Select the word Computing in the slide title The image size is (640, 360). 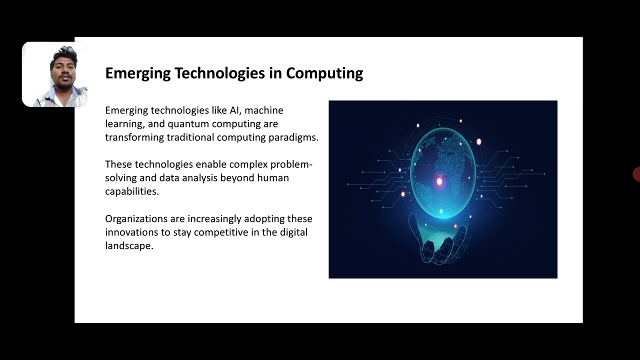[324, 73]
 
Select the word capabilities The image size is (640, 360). [131, 191]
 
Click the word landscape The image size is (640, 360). [128, 245]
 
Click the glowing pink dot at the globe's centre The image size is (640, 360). [439, 181]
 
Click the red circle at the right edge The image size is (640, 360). [636, 174]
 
